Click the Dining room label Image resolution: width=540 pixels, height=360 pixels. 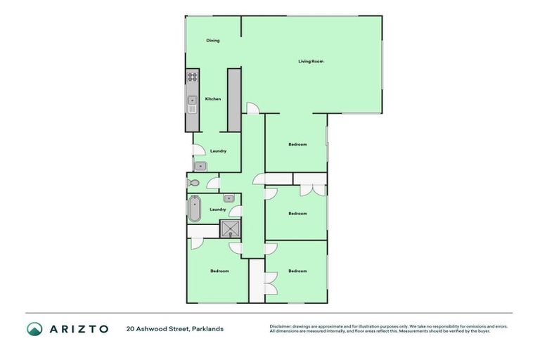point(213,41)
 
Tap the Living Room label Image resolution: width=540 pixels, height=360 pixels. point(311,62)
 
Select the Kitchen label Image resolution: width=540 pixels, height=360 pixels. point(213,99)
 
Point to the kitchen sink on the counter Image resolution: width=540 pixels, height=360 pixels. point(193,107)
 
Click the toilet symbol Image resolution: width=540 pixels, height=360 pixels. point(193,183)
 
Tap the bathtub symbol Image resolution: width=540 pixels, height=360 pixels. point(194,208)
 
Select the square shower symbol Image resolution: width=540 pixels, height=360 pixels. point(230,230)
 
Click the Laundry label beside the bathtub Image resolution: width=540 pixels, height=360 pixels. point(218,209)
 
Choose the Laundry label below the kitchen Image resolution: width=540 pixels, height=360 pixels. point(218,150)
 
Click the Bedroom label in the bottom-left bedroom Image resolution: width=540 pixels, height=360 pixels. point(220,271)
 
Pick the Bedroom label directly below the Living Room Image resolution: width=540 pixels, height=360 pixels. point(297,145)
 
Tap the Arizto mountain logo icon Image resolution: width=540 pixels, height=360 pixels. point(34,328)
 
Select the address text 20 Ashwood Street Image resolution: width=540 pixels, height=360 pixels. point(157,328)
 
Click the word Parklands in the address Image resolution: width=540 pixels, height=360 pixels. point(208,328)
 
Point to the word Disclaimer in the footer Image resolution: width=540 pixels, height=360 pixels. point(282,326)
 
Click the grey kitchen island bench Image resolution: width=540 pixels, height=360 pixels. point(234,99)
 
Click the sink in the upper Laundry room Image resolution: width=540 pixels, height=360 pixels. point(200,166)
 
